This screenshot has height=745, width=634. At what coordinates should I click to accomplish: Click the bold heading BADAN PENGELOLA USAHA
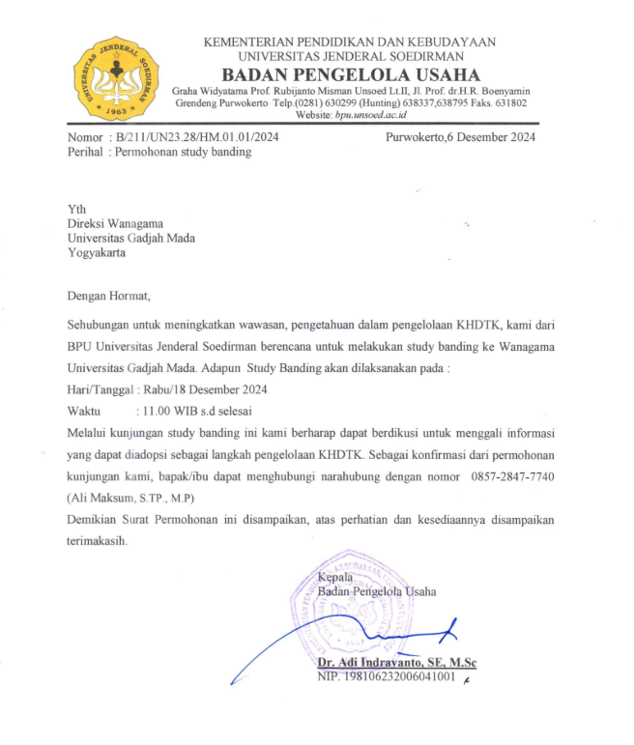(350, 74)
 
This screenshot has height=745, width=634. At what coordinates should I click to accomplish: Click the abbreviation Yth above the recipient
(76, 210)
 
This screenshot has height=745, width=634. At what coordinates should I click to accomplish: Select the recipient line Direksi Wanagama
(115, 224)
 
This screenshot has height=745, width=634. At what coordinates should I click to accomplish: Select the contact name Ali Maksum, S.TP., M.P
(131, 499)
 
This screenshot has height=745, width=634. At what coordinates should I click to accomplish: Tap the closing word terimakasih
(97, 541)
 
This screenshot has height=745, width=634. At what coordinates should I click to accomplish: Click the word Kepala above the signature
(335, 577)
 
